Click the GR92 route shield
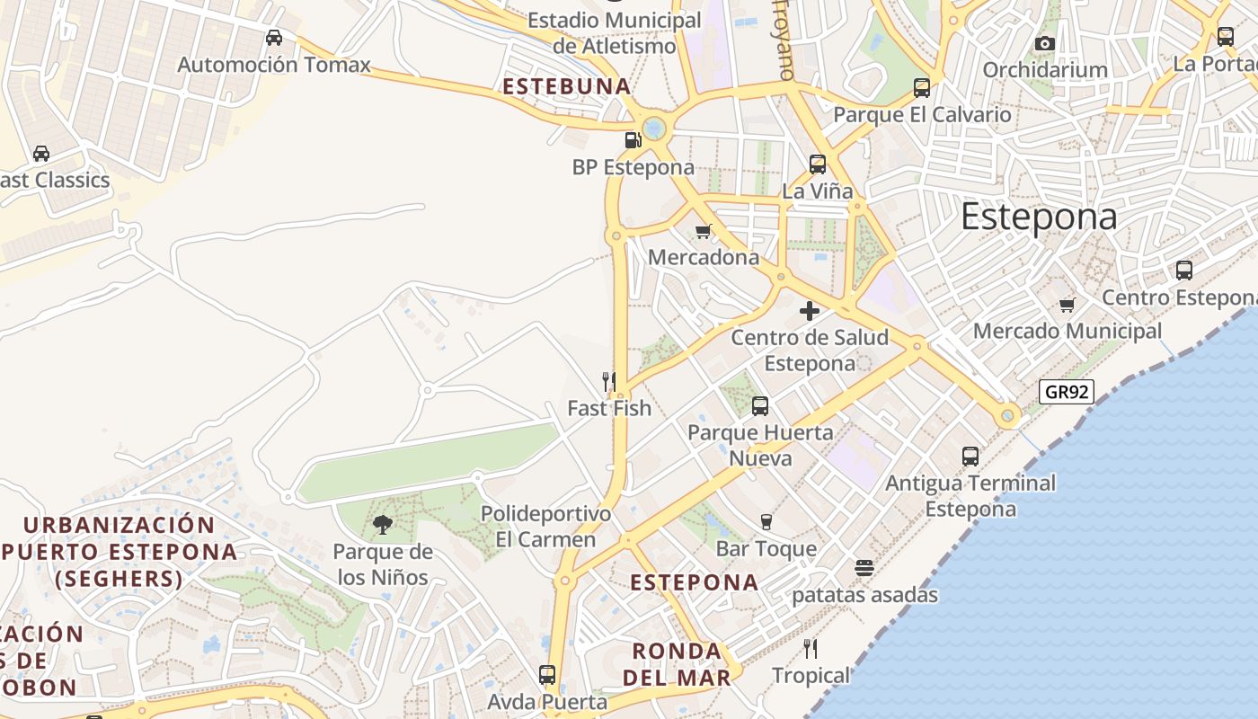1067,392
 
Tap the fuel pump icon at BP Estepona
633,139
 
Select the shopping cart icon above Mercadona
704,231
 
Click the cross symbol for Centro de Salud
809,311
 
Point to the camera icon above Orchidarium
1044,43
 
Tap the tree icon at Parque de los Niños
383,525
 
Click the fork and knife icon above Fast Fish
609,381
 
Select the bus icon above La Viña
817,164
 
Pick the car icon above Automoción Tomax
274,38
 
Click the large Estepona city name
1039,217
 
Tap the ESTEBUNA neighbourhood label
567,86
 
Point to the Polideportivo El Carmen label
545,527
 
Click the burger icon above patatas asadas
864,567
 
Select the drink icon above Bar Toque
766,521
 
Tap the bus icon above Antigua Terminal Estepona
970,456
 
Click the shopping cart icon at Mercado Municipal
1067,305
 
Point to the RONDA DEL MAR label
678,664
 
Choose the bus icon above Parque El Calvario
921,88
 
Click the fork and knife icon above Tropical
811,648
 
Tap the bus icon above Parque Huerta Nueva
760,406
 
